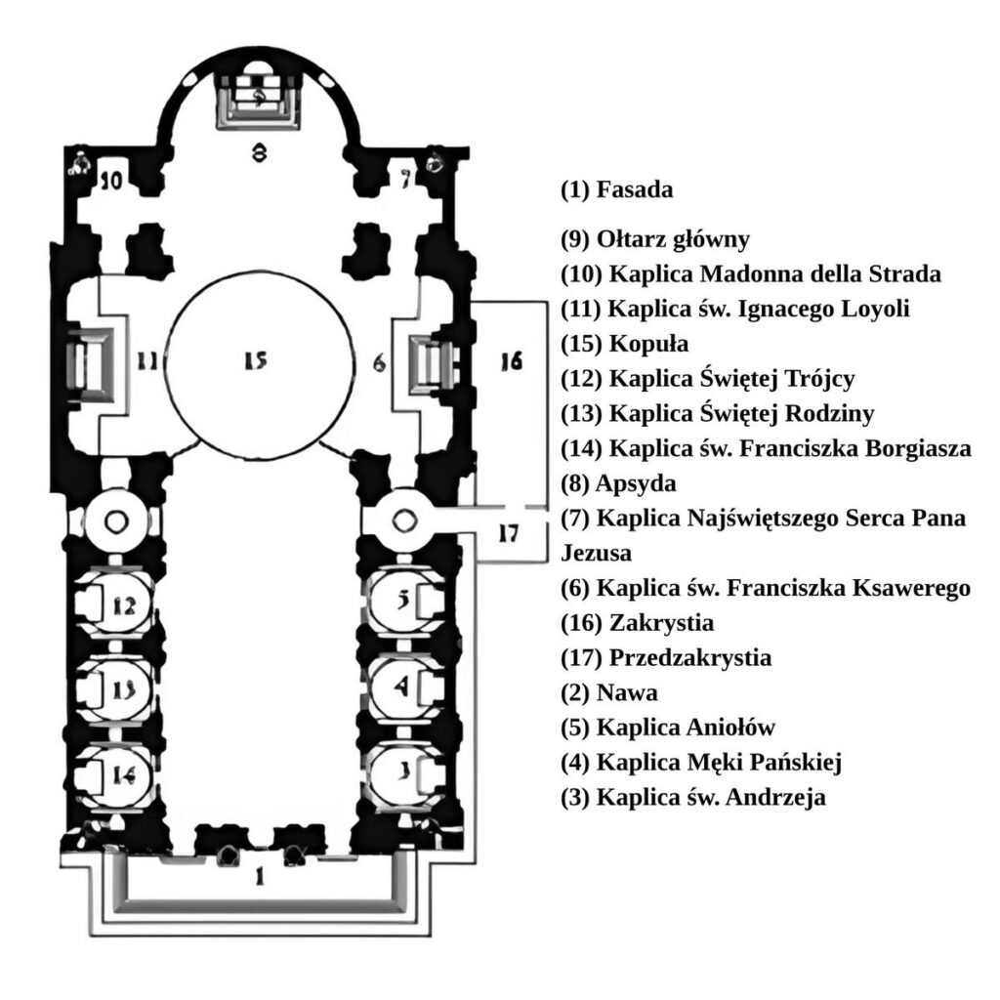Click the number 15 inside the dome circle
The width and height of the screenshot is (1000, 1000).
coord(255,361)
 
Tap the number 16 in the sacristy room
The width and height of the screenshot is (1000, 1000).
coord(511,361)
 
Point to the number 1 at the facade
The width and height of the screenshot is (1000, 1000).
coord(259,876)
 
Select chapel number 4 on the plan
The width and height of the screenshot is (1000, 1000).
coord(400,687)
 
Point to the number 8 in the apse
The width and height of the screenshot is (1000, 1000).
coord(258,152)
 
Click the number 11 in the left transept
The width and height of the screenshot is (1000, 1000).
coord(146,362)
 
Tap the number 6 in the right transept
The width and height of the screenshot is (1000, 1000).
coord(379,362)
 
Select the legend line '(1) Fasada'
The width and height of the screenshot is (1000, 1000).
coord(617,189)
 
